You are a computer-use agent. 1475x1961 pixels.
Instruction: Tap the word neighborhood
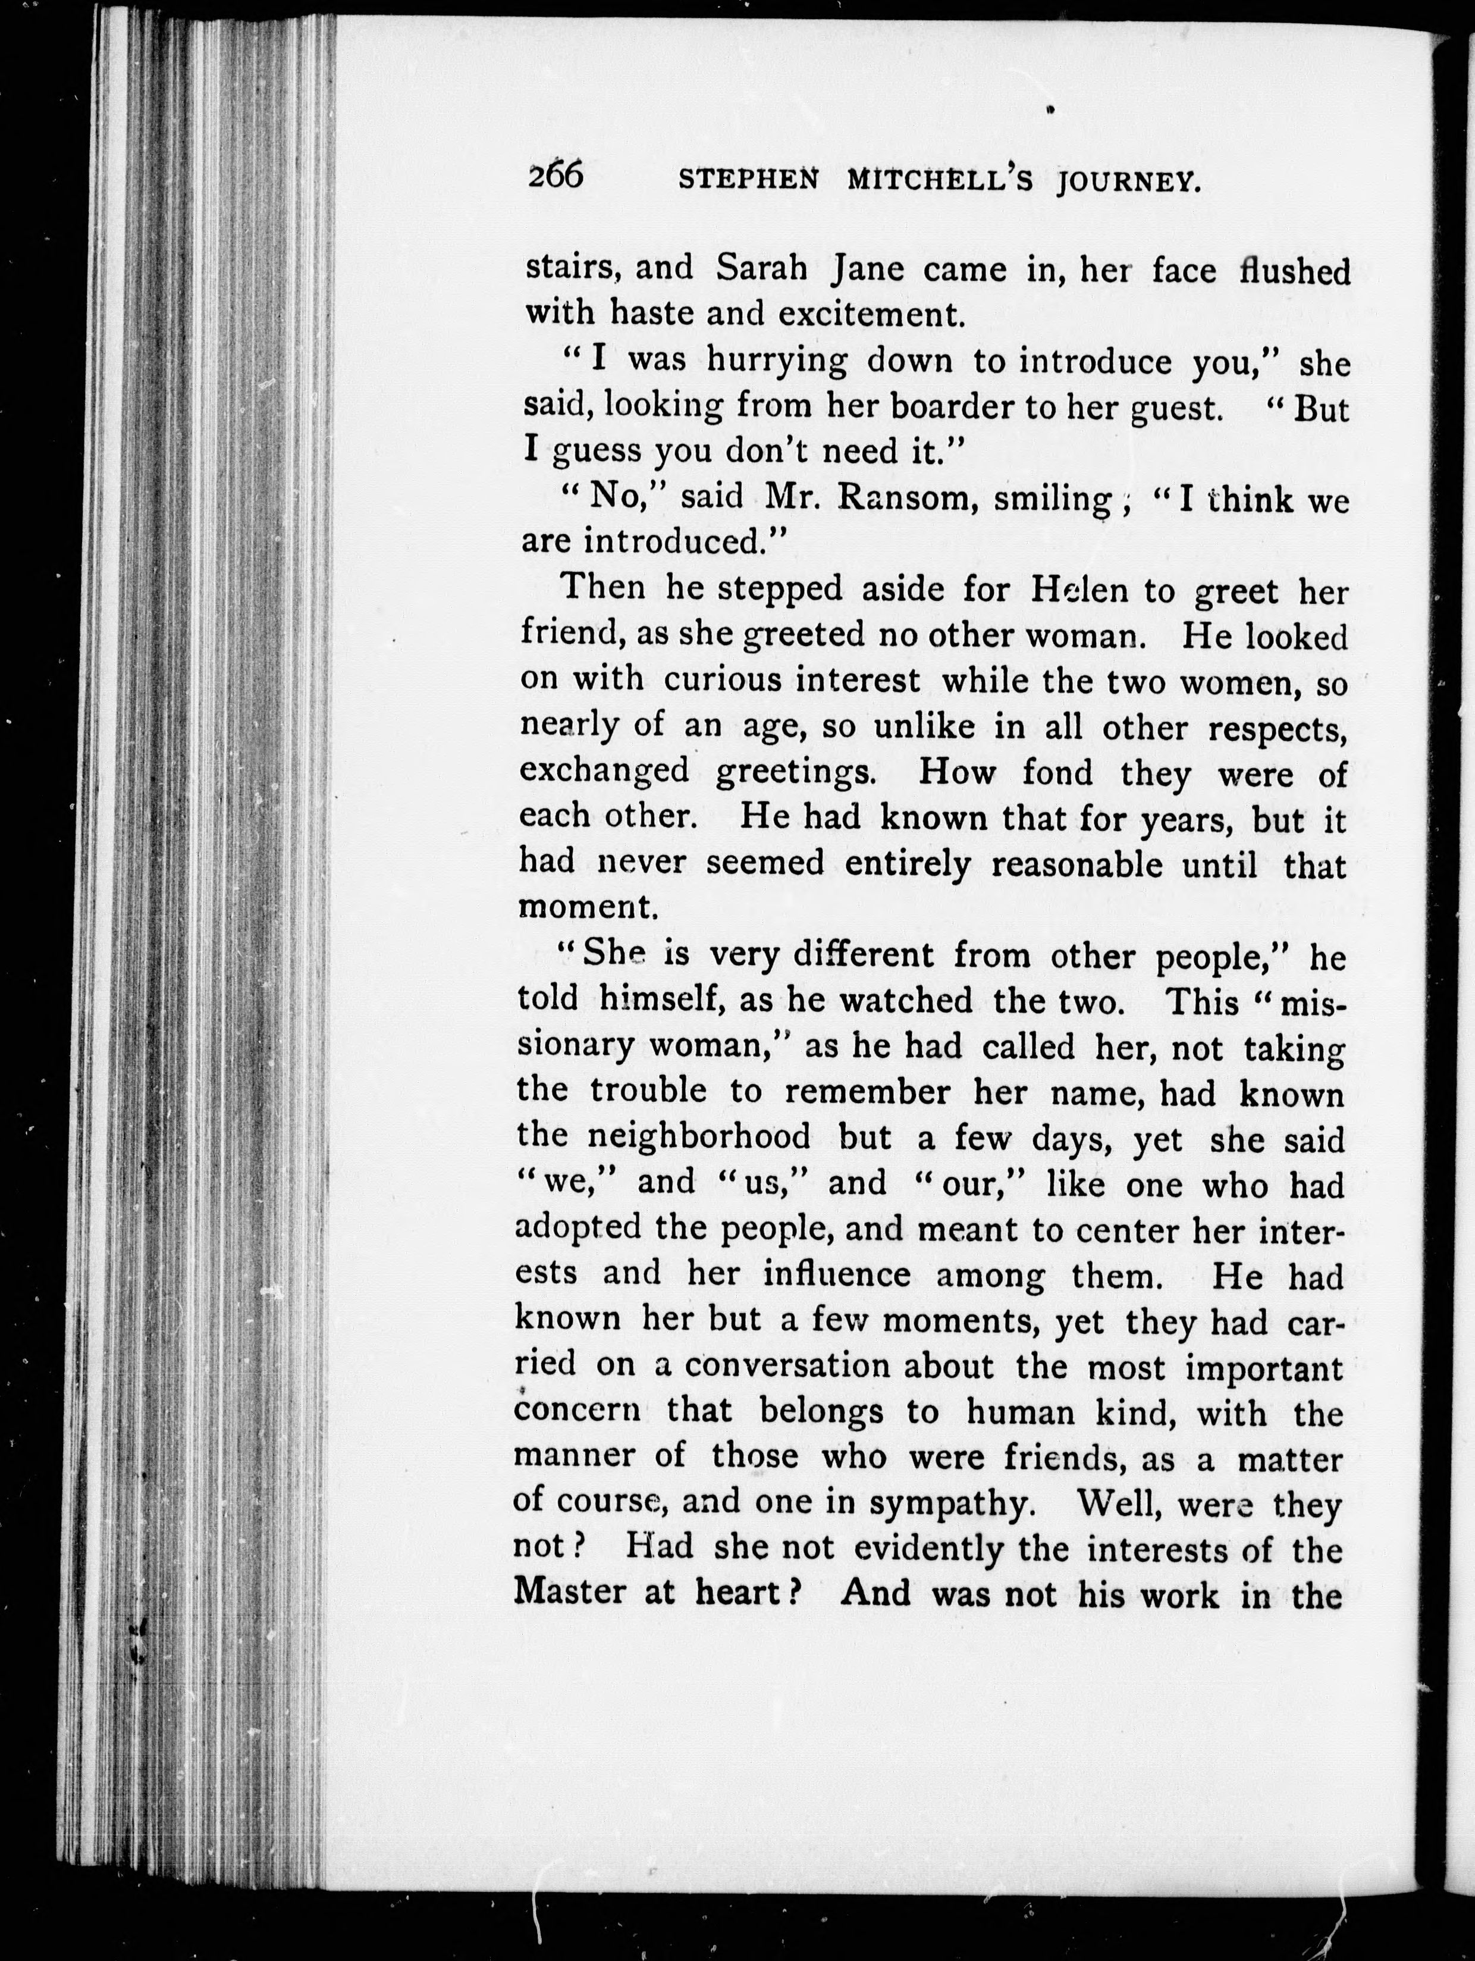point(699,1136)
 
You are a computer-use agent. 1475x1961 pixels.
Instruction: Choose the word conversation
point(792,1365)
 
